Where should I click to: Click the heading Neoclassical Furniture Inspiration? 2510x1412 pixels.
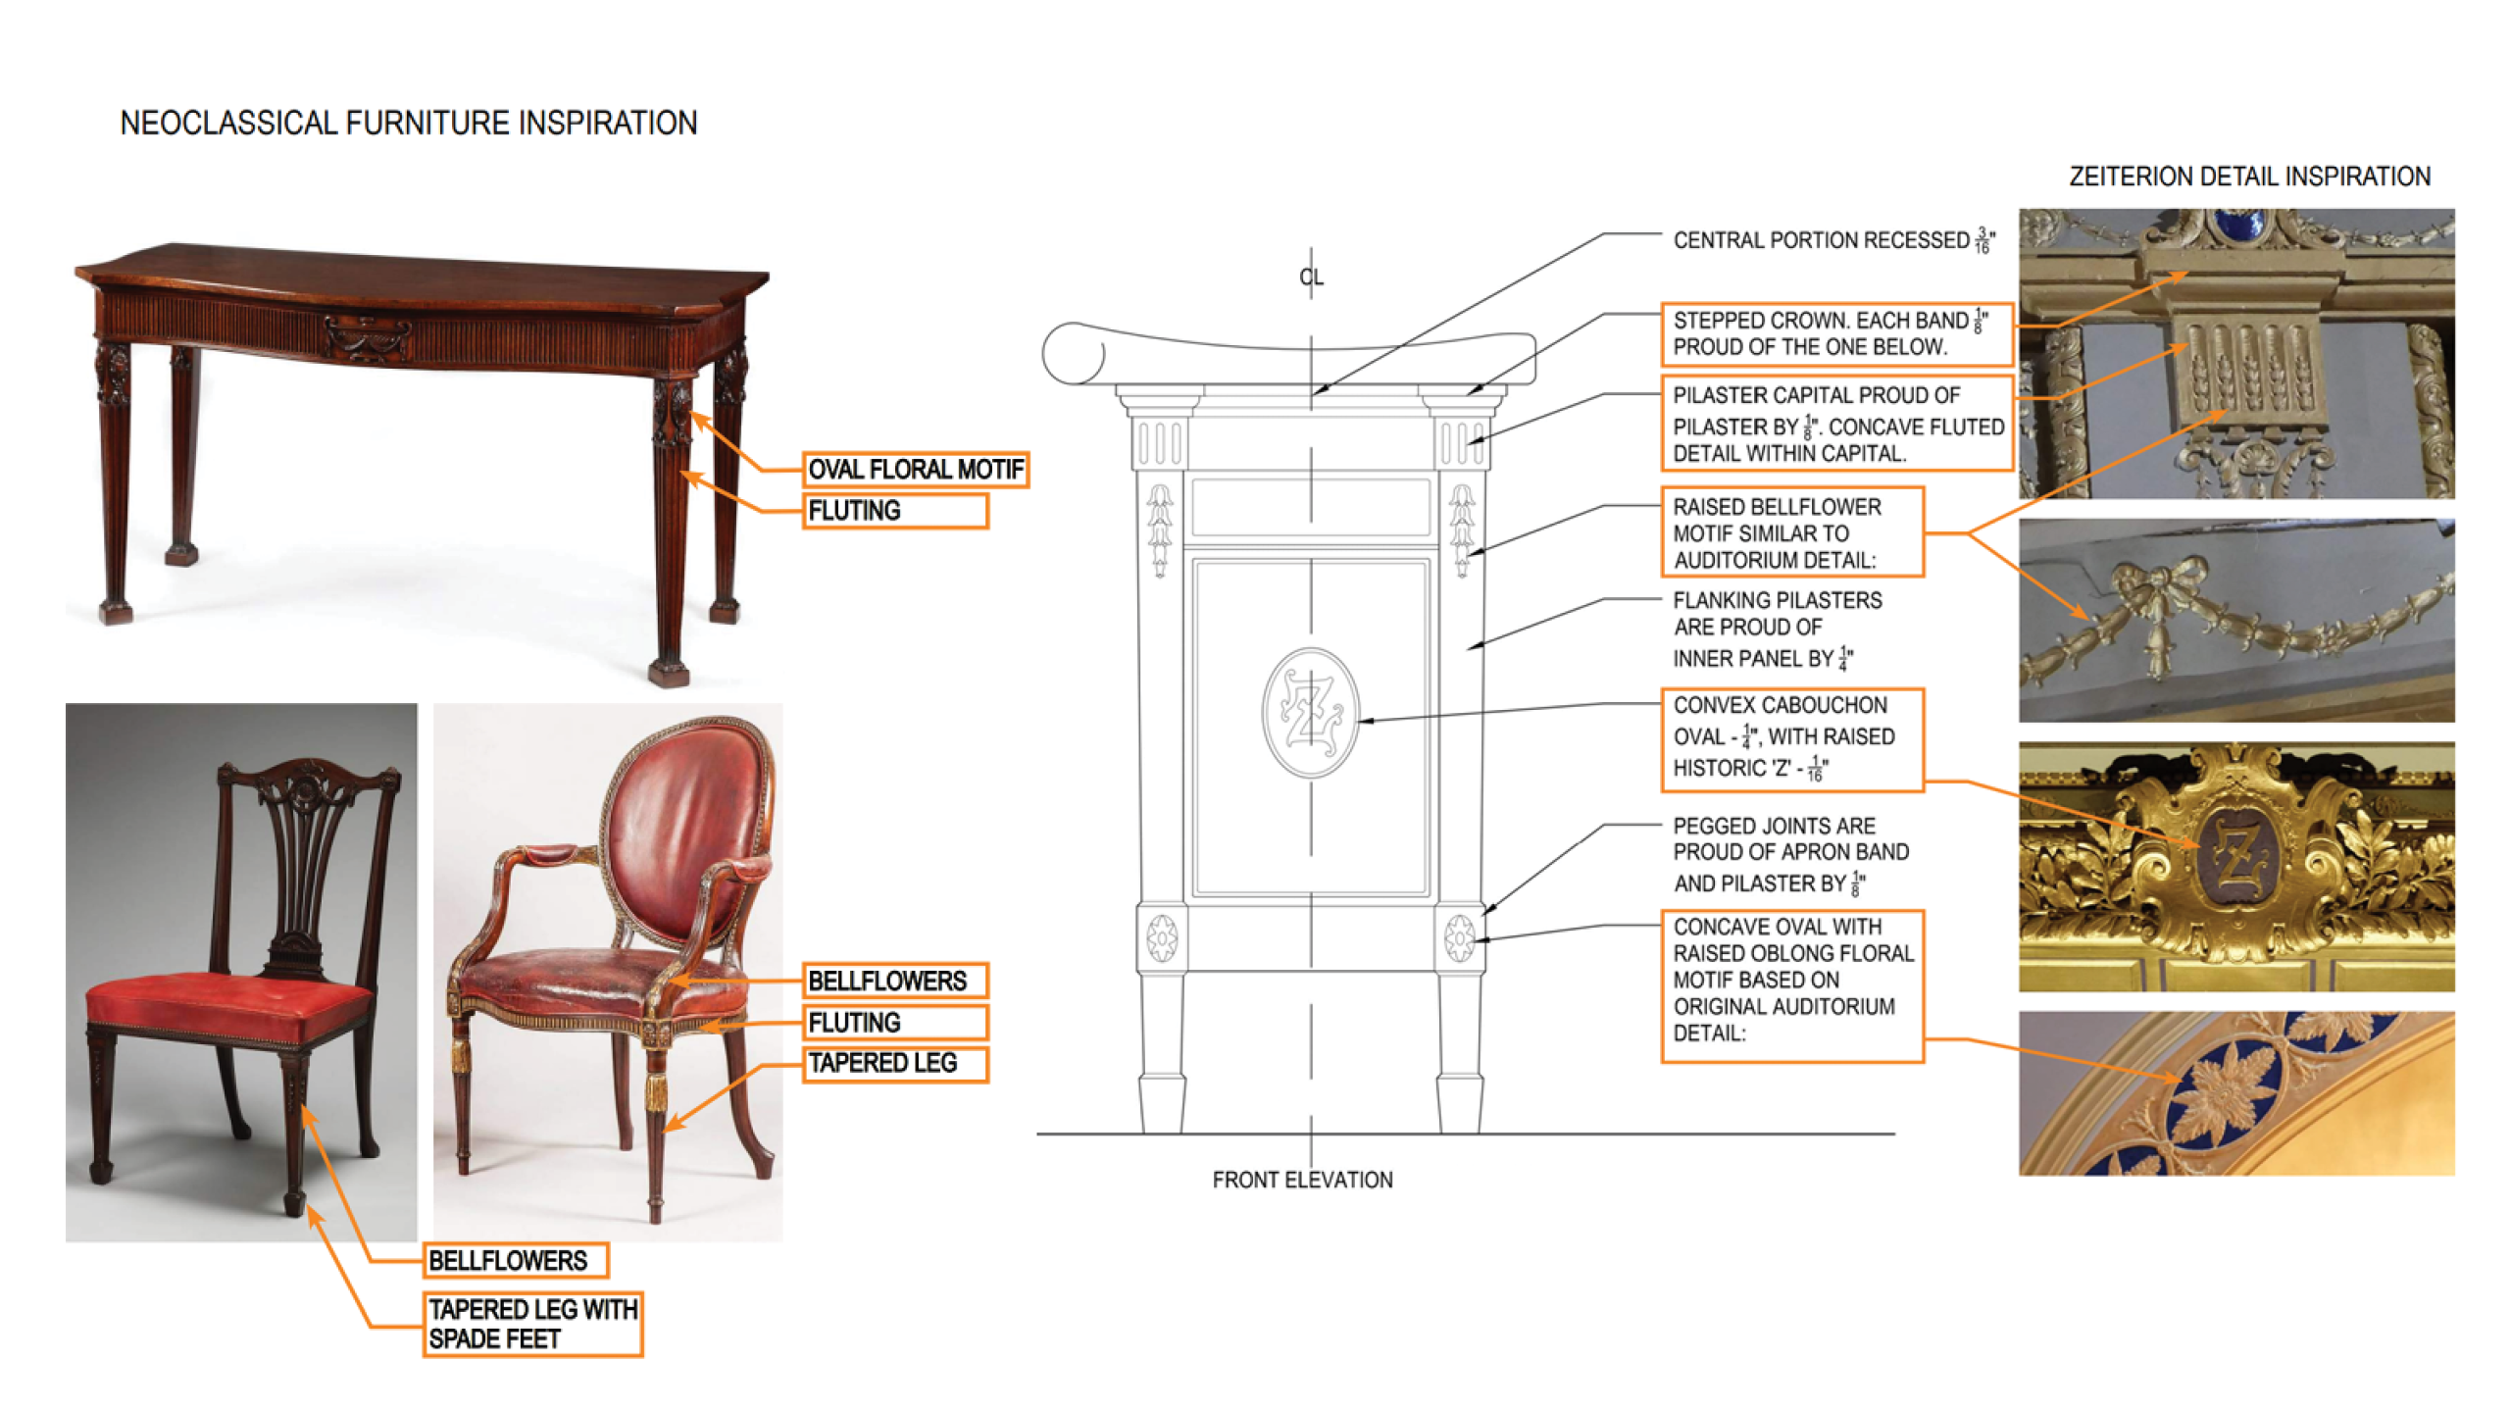coord(408,124)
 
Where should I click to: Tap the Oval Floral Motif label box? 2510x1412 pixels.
coord(915,470)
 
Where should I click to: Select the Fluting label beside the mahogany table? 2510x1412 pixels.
coord(894,511)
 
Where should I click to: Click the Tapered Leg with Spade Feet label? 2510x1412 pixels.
coord(532,1324)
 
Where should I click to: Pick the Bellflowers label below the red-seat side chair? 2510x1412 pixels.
coord(516,1260)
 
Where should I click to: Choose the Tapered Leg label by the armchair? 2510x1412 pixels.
coord(894,1064)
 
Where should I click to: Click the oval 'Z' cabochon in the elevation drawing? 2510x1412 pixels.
coord(1310,713)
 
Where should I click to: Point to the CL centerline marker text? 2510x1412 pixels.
coord(1311,277)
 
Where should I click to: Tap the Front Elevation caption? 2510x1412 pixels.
coord(1302,1180)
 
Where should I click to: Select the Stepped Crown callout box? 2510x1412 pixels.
coord(1835,333)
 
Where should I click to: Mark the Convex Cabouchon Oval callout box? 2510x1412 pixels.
coord(1791,738)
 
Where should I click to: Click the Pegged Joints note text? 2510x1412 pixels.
coord(1790,854)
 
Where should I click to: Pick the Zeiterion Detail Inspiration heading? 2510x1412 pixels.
coord(2249,176)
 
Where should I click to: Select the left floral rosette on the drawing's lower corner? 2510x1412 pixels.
coord(1162,938)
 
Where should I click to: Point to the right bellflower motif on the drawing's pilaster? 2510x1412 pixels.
coord(1461,529)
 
